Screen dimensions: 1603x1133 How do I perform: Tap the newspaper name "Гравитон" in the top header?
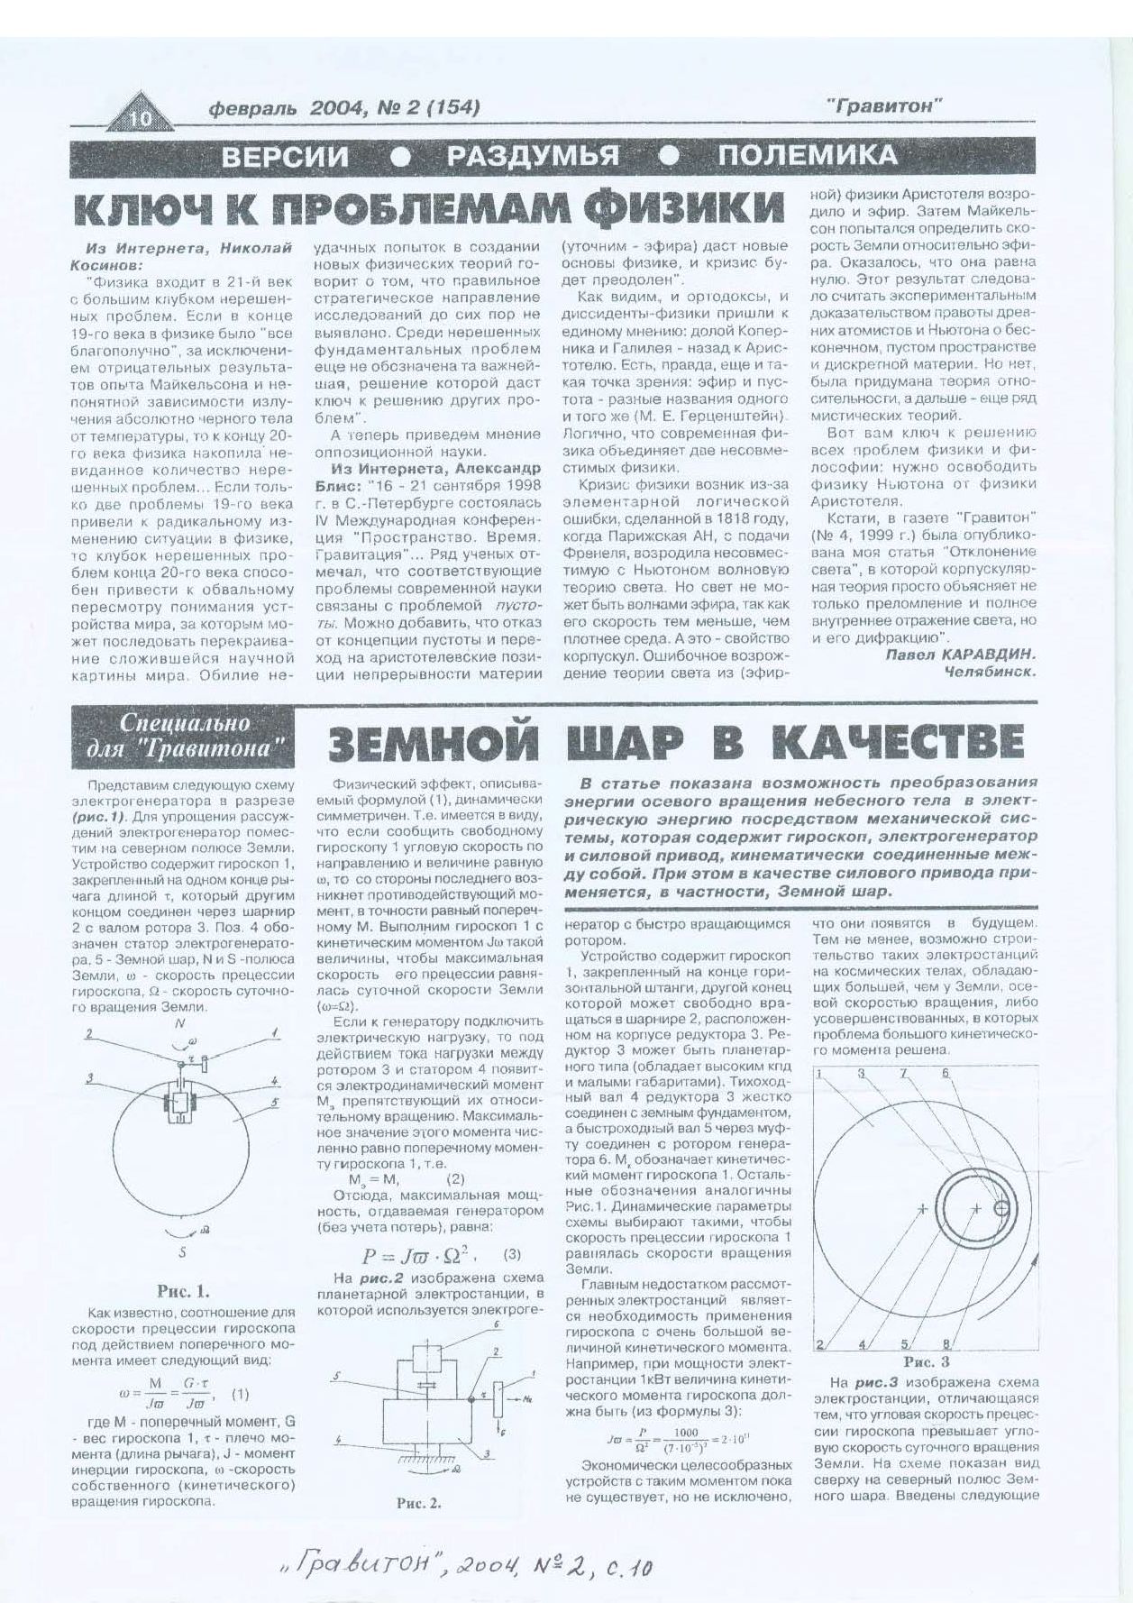pyautogui.click(x=883, y=106)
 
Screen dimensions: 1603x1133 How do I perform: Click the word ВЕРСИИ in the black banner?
pyautogui.click(x=285, y=157)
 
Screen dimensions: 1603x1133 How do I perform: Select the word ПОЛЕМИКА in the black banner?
pyautogui.click(x=807, y=156)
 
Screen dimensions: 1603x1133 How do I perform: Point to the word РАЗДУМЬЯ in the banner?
pyautogui.click(x=533, y=156)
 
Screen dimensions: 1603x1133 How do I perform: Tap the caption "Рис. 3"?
pyautogui.click(x=926, y=1361)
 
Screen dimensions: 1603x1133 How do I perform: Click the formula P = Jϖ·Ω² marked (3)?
pyautogui.click(x=420, y=1256)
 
